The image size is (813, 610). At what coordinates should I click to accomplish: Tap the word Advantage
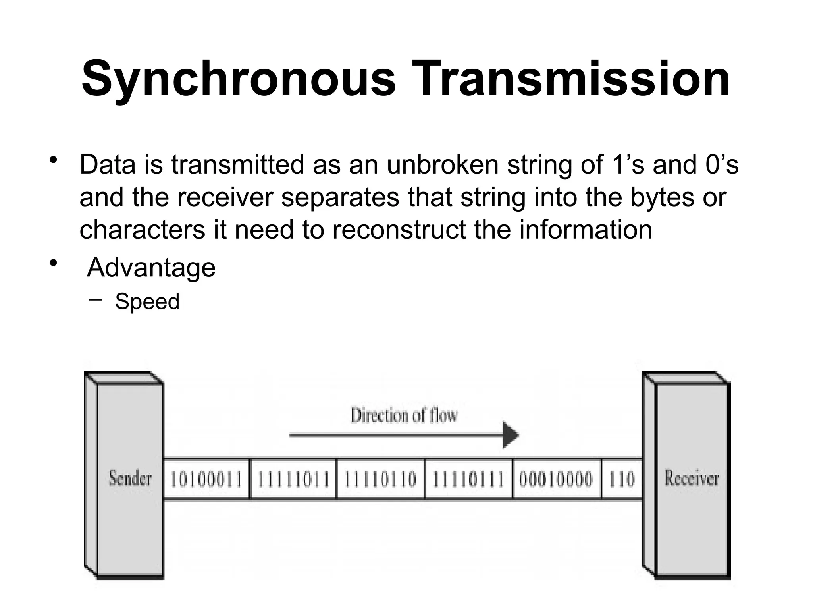151,268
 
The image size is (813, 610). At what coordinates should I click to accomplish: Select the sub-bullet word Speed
147,301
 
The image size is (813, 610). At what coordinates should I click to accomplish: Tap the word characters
142,230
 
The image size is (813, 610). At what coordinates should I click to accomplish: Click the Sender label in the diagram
130,478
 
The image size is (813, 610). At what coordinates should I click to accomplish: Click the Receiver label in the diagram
692,478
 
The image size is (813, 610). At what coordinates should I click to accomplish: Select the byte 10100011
206,479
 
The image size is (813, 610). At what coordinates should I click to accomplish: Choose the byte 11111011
294,479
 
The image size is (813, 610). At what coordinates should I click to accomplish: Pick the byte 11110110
380,479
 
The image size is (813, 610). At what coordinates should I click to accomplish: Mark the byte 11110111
468,479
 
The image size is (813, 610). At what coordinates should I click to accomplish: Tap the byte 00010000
556,479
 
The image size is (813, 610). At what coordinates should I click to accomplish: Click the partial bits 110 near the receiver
622,479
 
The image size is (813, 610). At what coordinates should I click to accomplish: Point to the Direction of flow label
404,415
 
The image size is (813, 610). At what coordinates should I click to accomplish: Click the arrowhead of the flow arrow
511,435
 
